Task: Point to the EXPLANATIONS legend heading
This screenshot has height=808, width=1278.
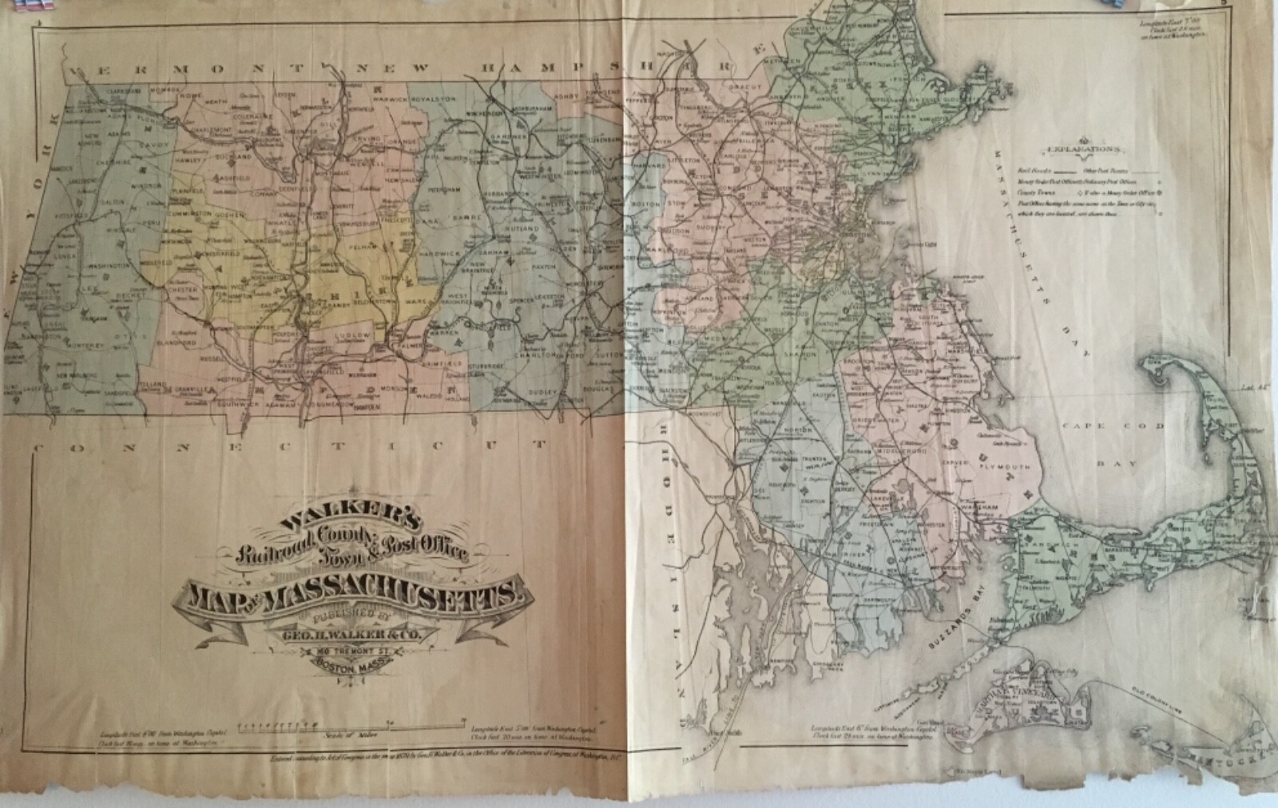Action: pos(1078,149)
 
